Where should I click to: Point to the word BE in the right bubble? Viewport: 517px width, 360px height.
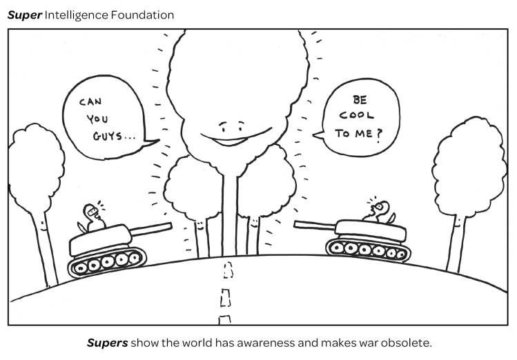click(x=360, y=100)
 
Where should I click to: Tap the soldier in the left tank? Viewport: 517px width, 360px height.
click(x=91, y=218)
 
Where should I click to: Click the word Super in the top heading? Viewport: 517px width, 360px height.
click(x=24, y=14)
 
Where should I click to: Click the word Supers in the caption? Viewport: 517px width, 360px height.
click(x=107, y=342)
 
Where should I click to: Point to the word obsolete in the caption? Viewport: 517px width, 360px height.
click(x=407, y=342)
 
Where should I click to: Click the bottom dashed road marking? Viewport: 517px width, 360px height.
click(x=224, y=319)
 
